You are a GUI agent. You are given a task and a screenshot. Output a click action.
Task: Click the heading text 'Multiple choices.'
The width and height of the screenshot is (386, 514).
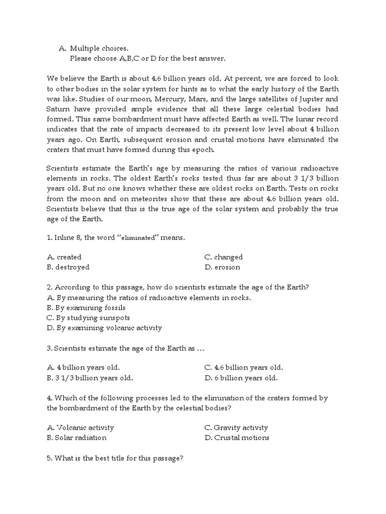tap(99, 49)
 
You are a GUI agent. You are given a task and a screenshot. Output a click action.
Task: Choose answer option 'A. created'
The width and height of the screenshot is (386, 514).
tap(64, 257)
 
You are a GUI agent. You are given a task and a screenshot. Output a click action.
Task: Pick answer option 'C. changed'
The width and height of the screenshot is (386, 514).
tap(223, 257)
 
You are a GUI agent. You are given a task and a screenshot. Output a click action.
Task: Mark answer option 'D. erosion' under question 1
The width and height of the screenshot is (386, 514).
tap(222, 267)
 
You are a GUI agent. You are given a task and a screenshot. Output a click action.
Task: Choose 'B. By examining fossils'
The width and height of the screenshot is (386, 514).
tap(86, 308)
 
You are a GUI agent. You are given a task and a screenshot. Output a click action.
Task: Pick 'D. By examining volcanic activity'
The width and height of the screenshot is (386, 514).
tap(105, 328)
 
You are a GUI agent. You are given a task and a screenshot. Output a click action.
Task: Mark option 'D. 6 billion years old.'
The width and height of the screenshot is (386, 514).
tap(241, 378)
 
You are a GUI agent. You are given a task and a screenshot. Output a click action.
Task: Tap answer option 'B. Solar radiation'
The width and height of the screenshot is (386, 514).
tap(76, 438)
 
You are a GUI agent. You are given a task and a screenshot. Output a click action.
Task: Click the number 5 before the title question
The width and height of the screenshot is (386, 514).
tap(49, 458)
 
